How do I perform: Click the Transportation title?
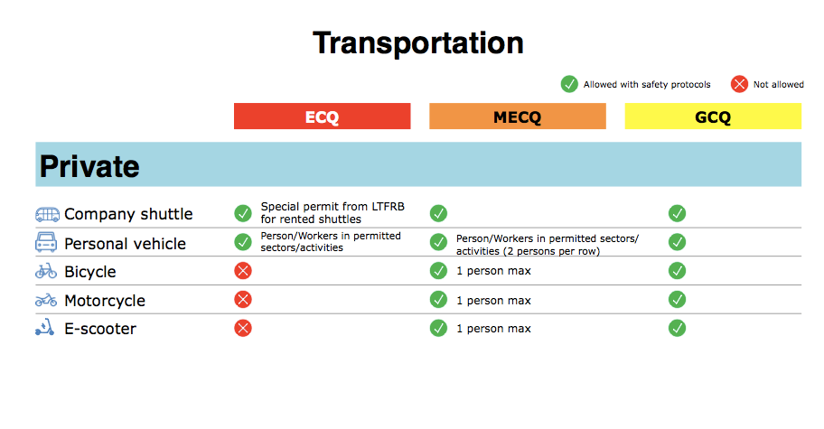coord(417,43)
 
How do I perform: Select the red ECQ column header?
coord(322,117)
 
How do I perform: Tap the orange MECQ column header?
coord(517,117)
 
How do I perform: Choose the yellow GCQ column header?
coord(713,117)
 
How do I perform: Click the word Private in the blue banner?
coord(89,166)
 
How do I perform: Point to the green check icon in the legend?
coord(569,84)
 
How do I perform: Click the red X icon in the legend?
coord(739,84)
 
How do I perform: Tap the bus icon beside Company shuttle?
coord(47,214)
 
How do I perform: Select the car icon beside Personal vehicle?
coord(47,242)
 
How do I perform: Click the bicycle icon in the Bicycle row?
coord(46,271)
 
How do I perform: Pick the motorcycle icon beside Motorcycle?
coord(46,300)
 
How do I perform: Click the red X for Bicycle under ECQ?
coord(243,271)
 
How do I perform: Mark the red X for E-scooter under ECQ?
coord(243,328)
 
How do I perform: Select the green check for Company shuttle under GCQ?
coord(677,213)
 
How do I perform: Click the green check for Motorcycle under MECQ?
coord(438,300)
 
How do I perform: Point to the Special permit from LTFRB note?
coord(332,212)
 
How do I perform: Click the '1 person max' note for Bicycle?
coord(493,271)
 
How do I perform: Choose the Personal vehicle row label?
coord(125,243)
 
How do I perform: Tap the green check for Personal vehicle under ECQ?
coord(243,242)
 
